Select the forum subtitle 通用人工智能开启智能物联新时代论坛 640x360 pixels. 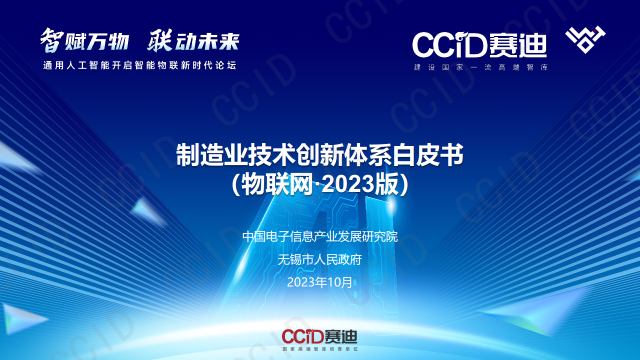pyautogui.click(x=139, y=65)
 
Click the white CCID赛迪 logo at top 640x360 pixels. pyautogui.click(x=479, y=45)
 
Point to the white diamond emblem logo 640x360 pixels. pyautogui.click(x=585, y=39)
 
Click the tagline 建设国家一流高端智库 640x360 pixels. pyautogui.click(x=480, y=67)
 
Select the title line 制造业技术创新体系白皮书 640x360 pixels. pyautogui.click(x=320, y=155)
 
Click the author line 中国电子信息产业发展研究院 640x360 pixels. pyautogui.click(x=320, y=236)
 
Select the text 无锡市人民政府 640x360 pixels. pyautogui.click(x=320, y=259)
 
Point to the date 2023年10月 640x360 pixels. pyautogui.click(x=320, y=282)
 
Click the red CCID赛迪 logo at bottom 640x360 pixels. pyautogui.click(x=319, y=336)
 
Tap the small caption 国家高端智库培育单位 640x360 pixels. pyautogui.click(x=320, y=348)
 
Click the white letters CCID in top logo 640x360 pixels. pyautogui.click(x=449, y=45)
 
